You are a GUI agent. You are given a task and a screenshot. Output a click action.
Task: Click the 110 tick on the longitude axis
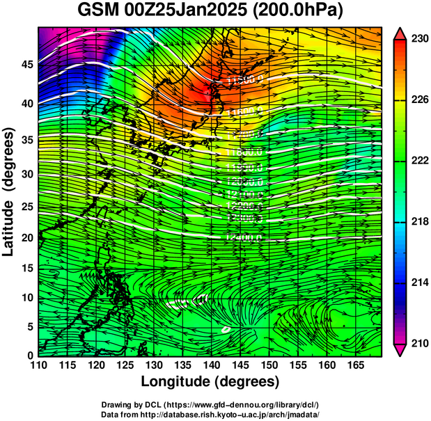coord(38,364)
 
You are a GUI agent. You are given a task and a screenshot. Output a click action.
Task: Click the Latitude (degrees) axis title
coord(9,192)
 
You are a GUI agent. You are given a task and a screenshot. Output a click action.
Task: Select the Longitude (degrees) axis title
coord(210,381)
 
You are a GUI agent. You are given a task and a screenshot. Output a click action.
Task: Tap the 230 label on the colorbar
coord(419,39)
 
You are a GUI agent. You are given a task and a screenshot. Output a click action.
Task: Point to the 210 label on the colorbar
coord(419,343)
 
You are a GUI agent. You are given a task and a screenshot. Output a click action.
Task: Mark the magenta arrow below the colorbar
coord(402,349)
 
